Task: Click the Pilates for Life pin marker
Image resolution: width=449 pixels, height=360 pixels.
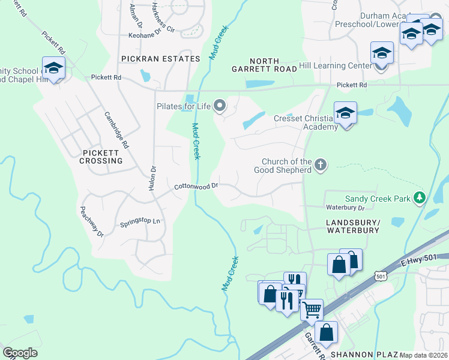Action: pos(220,106)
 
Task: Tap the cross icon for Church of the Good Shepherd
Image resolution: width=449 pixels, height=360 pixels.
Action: pos(321,164)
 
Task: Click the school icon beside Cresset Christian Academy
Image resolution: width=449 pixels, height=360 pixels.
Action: pos(345,113)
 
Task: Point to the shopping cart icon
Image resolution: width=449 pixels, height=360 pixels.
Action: pos(312,310)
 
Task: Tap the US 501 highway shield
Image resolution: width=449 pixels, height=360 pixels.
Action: pos(379,275)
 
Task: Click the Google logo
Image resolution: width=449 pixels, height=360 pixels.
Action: pos(20,352)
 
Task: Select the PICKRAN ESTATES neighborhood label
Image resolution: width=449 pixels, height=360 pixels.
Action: pos(160,59)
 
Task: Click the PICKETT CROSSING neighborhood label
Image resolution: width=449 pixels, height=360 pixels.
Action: pos(101,157)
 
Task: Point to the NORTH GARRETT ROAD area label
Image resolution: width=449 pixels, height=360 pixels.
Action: pos(264,65)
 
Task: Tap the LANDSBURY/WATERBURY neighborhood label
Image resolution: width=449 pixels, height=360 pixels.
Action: pos(352,226)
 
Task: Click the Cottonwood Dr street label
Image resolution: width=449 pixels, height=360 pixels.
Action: pos(196,187)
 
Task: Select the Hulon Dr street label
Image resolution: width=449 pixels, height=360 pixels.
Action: pos(152,178)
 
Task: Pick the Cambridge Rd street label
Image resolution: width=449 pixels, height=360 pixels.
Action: pos(116,130)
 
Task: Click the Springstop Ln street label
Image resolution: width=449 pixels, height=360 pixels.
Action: pos(140,221)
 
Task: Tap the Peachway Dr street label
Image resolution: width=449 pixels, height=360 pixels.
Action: pos(92,221)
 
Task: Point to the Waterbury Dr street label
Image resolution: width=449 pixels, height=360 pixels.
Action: pos(345,208)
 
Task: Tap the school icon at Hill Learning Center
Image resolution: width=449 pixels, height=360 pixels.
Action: pos(382,53)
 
